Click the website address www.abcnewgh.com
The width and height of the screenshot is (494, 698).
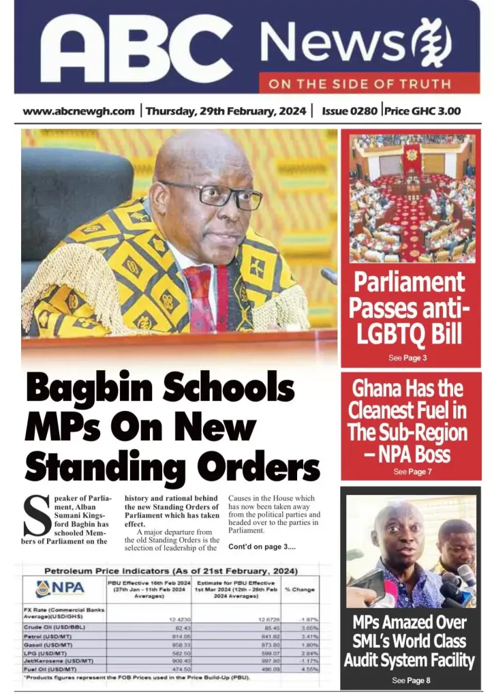tap(78, 111)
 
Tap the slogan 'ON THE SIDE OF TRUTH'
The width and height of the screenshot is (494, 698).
tap(359, 85)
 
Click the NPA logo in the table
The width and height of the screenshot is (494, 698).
tap(63, 588)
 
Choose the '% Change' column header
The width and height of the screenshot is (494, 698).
tap(299, 589)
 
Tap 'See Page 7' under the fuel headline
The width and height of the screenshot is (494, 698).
tap(412, 471)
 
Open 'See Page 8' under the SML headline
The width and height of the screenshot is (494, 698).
tap(411, 680)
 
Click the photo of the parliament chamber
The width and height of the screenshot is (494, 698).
tap(412, 198)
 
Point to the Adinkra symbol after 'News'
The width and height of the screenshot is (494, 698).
tap(434, 42)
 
